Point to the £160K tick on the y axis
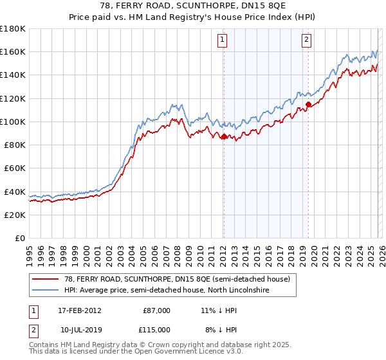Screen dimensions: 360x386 point(13,51)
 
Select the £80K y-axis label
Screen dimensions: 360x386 point(15,145)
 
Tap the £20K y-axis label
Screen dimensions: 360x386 point(15,215)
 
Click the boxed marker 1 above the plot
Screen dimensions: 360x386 point(223,40)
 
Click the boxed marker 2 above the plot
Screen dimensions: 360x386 point(306,40)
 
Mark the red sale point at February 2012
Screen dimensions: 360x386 point(223,136)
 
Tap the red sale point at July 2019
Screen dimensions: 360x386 point(308,104)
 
